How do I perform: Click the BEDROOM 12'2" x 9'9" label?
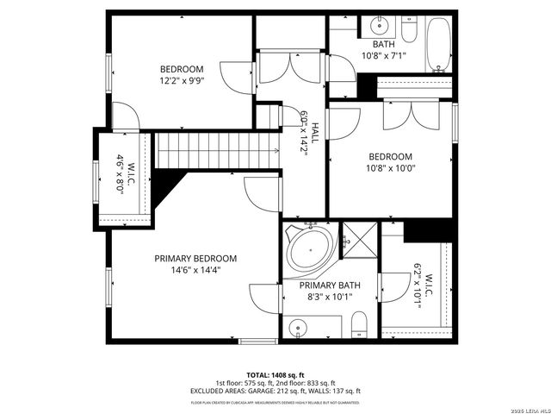coord(182,75)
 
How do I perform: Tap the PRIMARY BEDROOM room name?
coord(195,258)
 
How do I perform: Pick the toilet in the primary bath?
coord(360,326)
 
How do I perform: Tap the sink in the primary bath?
coord(297,328)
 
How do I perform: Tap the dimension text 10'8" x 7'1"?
coord(384,56)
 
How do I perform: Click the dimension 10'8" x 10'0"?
coord(392,168)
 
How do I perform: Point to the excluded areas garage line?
coord(275,391)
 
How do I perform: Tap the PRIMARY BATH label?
coord(330,285)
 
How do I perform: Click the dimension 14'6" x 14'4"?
coord(195,270)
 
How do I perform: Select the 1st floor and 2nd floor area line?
coord(275,383)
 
